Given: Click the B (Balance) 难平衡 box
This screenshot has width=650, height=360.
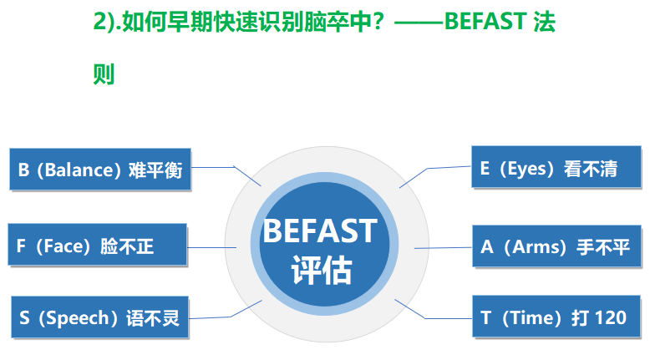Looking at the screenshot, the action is tap(100, 170).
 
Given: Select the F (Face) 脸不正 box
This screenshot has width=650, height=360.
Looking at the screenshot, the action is tap(98, 245).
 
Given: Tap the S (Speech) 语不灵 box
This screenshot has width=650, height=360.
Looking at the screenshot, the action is tap(100, 317).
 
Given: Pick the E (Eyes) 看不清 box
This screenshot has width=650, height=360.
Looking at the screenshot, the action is tap(556, 167).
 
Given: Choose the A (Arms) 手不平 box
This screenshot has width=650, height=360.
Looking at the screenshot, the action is tap(556, 246).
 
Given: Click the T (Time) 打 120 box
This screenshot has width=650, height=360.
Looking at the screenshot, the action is tap(556, 317).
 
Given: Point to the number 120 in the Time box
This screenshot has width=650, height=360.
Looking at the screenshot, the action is tap(610, 317).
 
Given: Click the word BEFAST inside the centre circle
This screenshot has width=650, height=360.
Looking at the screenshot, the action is tap(320, 231).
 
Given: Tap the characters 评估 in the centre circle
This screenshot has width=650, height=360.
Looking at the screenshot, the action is tap(322, 270).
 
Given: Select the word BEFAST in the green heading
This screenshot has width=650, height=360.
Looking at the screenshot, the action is tap(485, 21).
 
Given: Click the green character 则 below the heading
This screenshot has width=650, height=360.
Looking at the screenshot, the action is tap(104, 74).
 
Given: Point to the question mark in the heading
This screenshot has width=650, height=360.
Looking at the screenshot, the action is tap(378, 22).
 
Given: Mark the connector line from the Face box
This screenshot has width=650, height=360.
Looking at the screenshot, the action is tap(212, 248).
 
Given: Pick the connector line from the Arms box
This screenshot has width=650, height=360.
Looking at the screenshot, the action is tap(443, 248).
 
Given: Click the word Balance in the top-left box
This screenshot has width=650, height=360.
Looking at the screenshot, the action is tap(79, 170).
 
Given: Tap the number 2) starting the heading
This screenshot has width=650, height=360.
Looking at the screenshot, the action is tap(104, 22).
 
